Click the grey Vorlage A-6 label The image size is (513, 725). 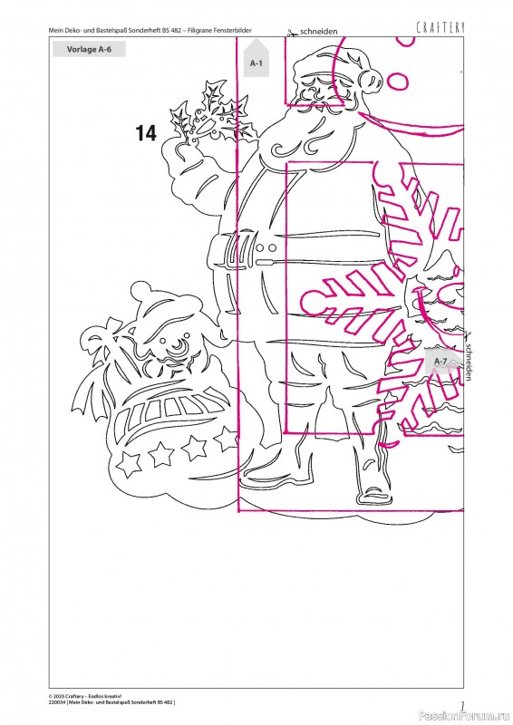click(x=89, y=50)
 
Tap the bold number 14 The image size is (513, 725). click(x=146, y=133)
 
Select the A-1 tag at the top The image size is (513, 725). click(x=256, y=59)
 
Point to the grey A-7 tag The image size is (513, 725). click(x=441, y=361)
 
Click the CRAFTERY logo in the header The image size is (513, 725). click(x=440, y=28)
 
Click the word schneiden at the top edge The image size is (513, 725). click(x=319, y=32)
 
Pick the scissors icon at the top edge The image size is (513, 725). click(x=292, y=33)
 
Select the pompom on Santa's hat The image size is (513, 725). click(x=372, y=79)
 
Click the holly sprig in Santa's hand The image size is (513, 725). click(x=210, y=113)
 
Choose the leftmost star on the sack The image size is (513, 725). click(x=129, y=463)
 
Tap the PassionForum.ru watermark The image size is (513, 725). click(x=465, y=716)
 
